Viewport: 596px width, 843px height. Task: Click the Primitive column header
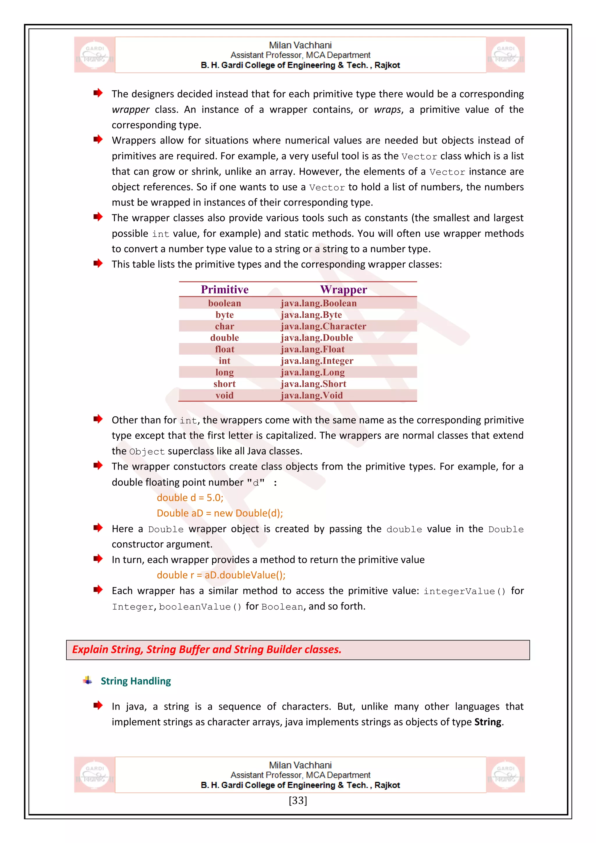coord(225,289)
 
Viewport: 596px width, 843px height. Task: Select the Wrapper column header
coord(343,289)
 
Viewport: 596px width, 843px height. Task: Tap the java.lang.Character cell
coord(323,326)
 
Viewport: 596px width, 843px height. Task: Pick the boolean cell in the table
coord(225,303)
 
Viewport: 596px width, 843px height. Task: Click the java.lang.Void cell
coord(312,395)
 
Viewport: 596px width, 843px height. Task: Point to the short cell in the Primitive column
coord(225,384)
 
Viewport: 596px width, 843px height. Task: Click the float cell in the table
coord(225,349)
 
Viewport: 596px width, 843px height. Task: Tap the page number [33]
coord(298,801)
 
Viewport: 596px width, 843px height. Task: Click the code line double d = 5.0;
coord(190,497)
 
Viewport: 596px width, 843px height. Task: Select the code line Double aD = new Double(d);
coord(220,513)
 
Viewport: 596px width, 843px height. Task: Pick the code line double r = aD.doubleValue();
coord(221,575)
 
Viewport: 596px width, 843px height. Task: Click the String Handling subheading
coord(136,681)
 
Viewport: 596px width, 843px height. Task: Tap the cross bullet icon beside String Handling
coord(88,680)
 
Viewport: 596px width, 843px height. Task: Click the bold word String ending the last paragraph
coord(488,722)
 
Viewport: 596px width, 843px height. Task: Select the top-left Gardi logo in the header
coord(95,55)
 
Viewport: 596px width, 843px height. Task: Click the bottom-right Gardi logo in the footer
coord(505,775)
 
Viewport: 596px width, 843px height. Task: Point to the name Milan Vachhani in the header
coord(300,45)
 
